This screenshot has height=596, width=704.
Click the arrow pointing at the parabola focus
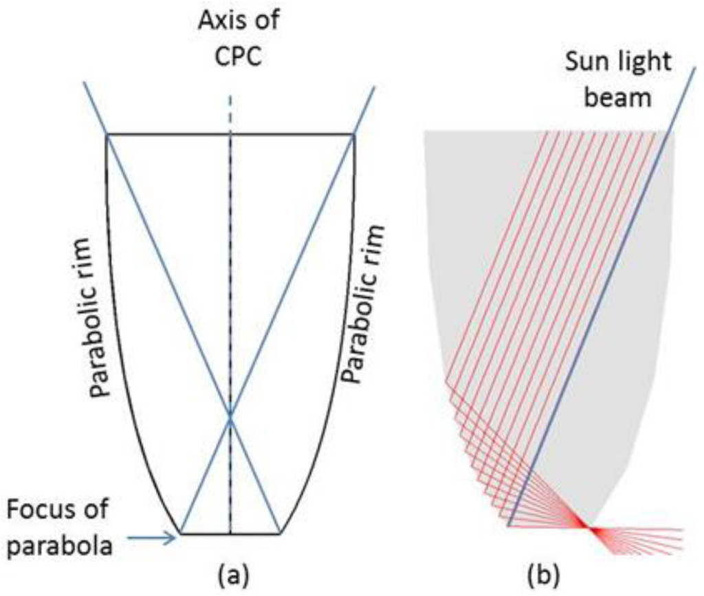153,540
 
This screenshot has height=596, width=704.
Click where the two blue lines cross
230,418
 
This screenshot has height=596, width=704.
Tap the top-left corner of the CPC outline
107,135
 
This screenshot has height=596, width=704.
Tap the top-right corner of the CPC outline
354,135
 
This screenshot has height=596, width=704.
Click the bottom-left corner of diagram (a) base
180,533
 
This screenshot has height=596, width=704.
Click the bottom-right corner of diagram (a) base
280,533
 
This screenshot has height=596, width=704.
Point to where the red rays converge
589,528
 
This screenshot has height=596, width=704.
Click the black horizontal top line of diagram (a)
289,135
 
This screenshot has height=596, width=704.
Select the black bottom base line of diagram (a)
206,533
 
